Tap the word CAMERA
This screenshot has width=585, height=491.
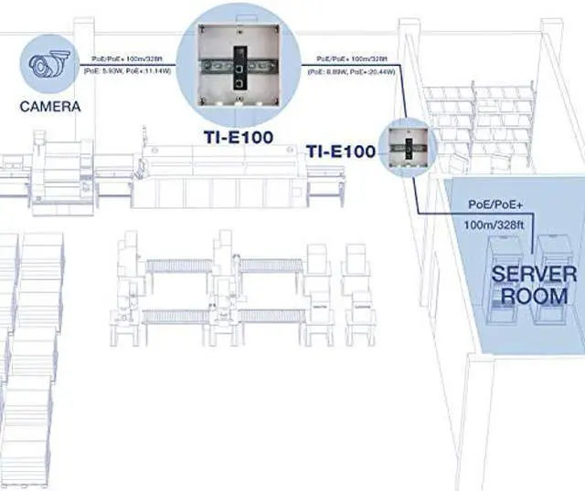tap(49, 107)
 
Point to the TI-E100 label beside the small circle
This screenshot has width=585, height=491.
tap(341, 151)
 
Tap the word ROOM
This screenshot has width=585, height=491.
tap(536, 297)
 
